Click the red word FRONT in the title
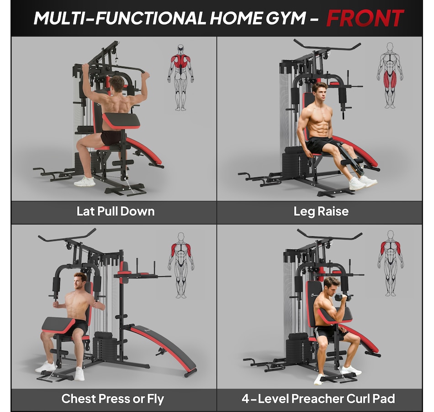pyautogui.click(x=365, y=18)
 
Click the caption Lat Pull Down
pyautogui.click(x=116, y=212)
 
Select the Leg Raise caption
pyautogui.click(x=321, y=212)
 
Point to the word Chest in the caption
pyautogui.click(x=79, y=399)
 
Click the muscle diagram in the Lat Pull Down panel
pyautogui.click(x=180, y=78)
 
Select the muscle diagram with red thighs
pyautogui.click(x=390, y=75)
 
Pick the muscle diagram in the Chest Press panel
pyautogui.click(x=181, y=266)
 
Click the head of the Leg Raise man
pyautogui.click(x=320, y=91)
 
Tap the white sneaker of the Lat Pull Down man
pyautogui.click(x=85, y=182)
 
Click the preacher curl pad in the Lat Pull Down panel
pyautogui.click(x=121, y=120)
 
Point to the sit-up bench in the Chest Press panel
pyautogui.click(x=162, y=349)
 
